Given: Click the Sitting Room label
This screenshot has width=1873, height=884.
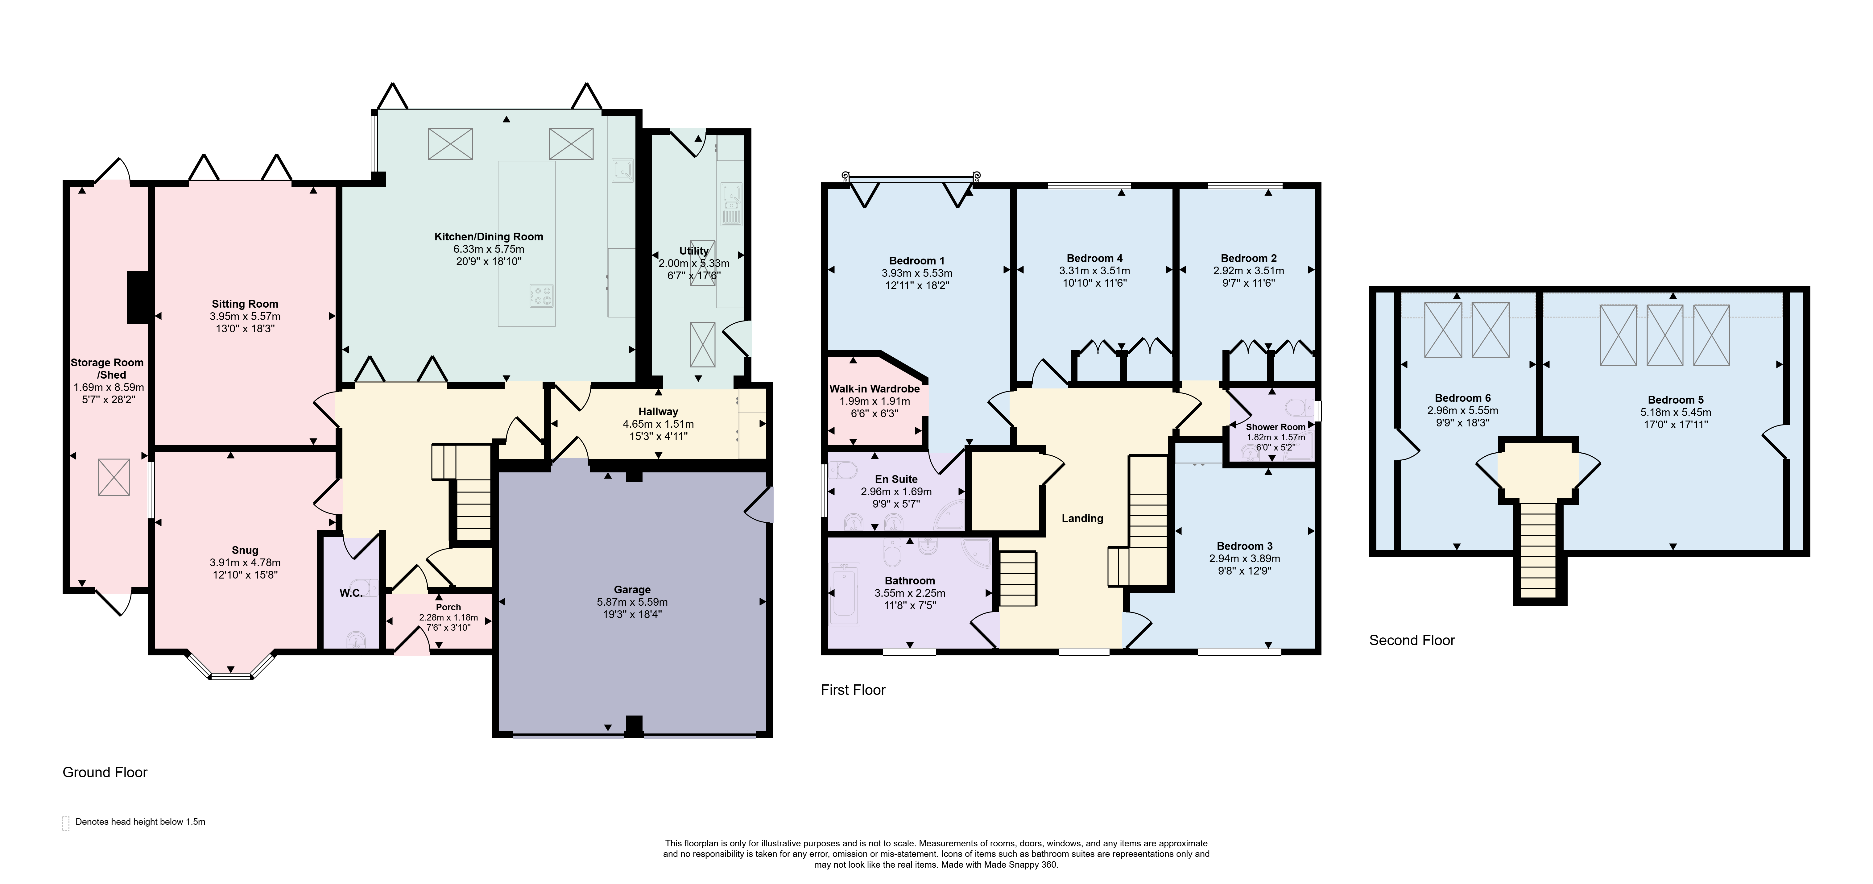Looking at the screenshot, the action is pyautogui.click(x=245, y=304).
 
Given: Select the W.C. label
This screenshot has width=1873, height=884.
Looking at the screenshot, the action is pyautogui.click(x=351, y=593).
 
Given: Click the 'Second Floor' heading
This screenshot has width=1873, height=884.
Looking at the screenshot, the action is pyautogui.click(x=1412, y=640).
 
